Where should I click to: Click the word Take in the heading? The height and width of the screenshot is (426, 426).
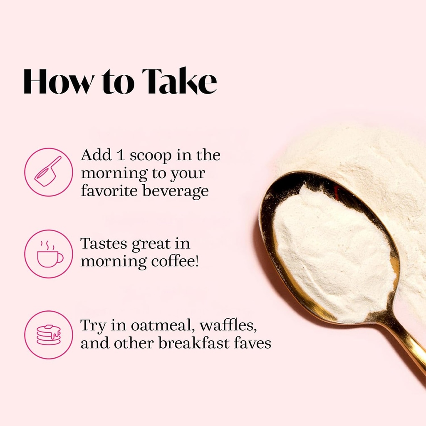179,81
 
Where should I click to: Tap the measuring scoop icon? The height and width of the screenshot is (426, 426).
48,171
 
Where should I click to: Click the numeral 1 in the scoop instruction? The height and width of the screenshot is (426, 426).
120,156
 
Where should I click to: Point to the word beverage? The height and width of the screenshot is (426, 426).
176,191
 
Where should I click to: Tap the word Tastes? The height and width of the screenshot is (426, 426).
104,243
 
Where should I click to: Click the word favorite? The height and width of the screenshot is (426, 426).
109,190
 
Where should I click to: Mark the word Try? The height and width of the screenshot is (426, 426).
93,326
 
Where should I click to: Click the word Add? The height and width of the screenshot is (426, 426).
97,155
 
